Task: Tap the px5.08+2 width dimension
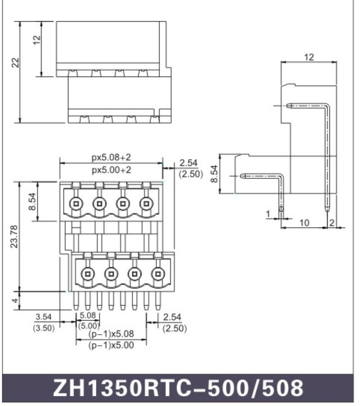(111, 157)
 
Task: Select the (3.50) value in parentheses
(44, 328)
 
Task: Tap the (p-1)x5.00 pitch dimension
(111, 345)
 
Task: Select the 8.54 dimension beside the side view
(215, 173)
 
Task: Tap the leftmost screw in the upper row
(76, 203)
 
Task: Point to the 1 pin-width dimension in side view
(269, 214)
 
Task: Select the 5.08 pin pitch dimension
(87, 315)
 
